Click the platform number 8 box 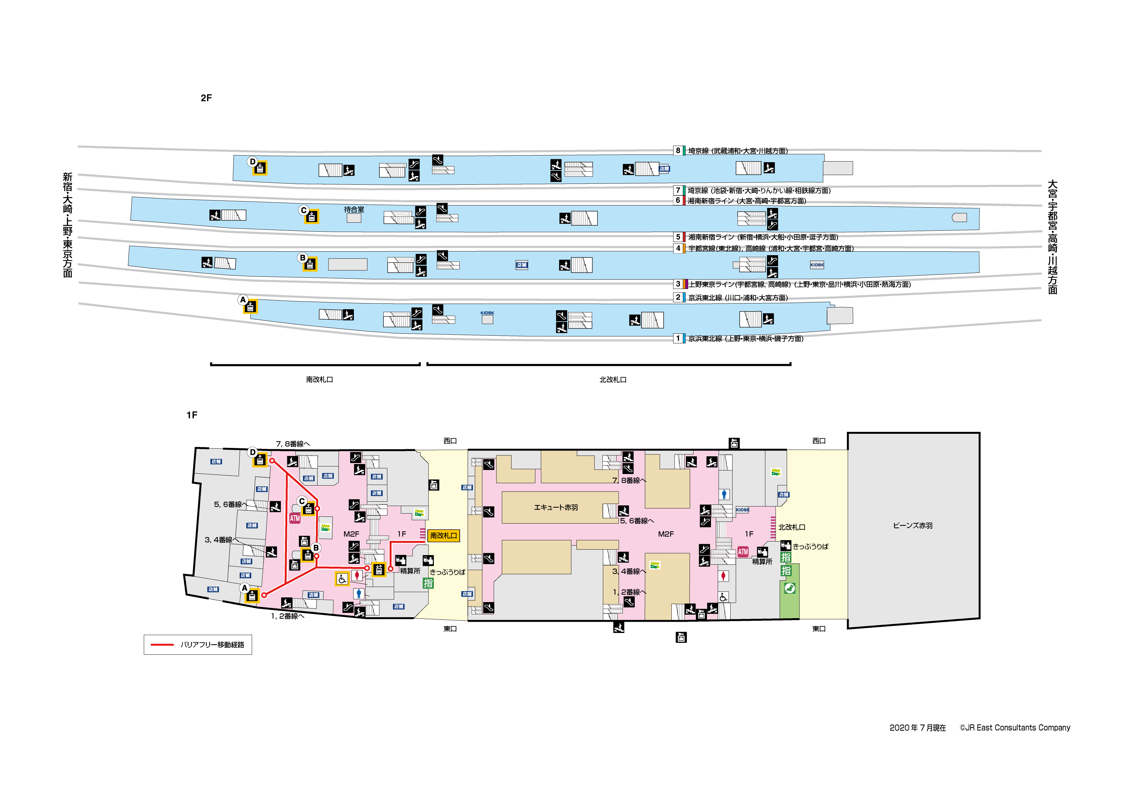point(678,151)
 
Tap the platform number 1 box point(678,339)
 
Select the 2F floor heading point(206,98)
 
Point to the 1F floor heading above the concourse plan point(192,415)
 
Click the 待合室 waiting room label point(354,210)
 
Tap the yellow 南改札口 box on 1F point(443,535)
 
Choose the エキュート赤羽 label point(556,507)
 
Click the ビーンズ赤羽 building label point(912,525)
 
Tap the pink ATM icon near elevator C point(295,518)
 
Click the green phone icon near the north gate point(789,589)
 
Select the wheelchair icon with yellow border point(342,579)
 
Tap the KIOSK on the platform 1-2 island point(487,318)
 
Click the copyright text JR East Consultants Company point(1015,728)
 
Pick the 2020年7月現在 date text point(917,728)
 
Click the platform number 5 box point(678,237)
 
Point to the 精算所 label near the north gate point(762,562)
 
